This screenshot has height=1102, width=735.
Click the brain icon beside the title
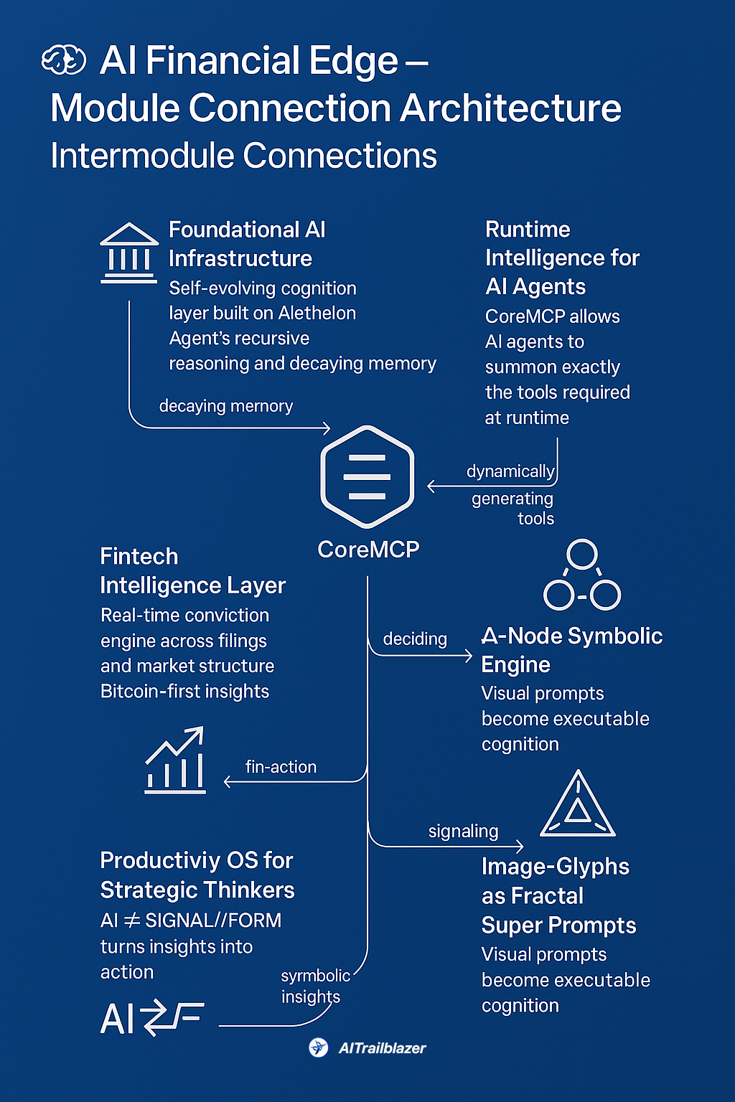pos(64,60)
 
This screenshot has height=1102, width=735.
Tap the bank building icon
pos(129,253)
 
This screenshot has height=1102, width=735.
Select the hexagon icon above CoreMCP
pos(367,476)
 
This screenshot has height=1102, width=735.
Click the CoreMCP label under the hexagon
pos(368,550)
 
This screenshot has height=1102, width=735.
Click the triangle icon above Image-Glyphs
pos(578,805)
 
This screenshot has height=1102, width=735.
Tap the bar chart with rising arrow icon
pos(176,761)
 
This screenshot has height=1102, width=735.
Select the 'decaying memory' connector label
pos(226,406)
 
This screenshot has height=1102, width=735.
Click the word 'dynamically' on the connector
pos(510,471)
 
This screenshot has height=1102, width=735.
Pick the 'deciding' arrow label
pos(415,639)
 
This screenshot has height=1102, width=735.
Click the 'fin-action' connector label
pos(281,767)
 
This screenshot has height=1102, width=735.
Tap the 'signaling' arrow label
pos(463,832)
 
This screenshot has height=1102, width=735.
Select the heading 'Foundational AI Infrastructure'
pos(247,244)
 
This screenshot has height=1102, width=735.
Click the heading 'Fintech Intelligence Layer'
pos(192,571)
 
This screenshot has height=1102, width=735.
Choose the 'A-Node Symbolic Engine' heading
pos(571,650)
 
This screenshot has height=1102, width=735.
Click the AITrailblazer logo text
pos(382,1048)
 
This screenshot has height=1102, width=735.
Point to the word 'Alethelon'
pos(317,314)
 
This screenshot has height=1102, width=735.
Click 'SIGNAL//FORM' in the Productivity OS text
pos(213,920)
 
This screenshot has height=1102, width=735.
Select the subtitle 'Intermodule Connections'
pos(243,156)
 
